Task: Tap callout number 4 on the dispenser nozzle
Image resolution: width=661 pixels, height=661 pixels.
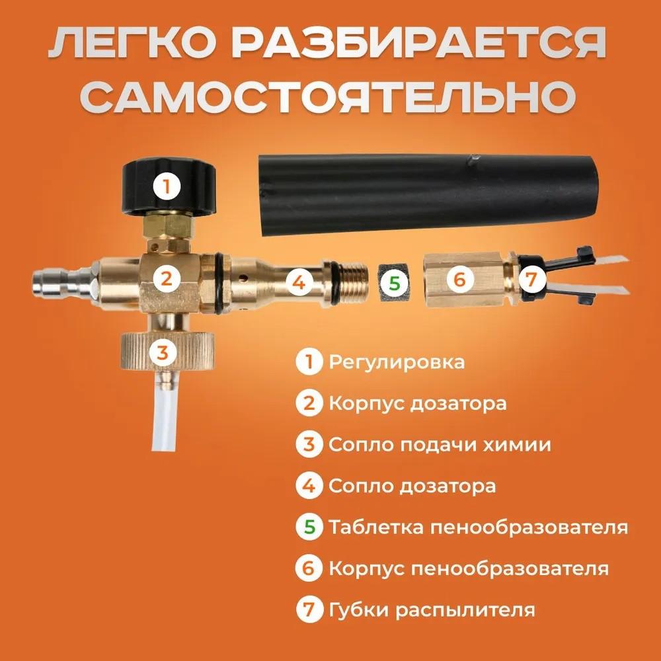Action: click(x=299, y=283)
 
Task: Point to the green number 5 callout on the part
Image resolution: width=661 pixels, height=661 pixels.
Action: click(x=394, y=283)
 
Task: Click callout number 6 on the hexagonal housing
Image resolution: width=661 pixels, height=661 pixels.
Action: click(x=461, y=280)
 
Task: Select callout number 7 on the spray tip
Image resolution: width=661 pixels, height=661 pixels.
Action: click(x=530, y=280)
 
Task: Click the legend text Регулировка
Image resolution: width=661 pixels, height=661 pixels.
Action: click(x=396, y=362)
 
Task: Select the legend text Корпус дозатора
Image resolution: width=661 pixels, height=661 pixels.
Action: click(x=417, y=403)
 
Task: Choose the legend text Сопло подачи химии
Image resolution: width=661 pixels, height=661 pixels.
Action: click(x=439, y=445)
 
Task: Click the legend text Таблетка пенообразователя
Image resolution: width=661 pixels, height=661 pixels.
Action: click(x=477, y=527)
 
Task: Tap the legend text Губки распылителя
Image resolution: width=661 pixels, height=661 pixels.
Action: click(x=431, y=609)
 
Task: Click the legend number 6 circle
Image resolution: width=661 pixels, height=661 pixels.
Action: click(x=309, y=568)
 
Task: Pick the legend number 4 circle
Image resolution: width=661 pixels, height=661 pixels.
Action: click(x=309, y=486)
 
